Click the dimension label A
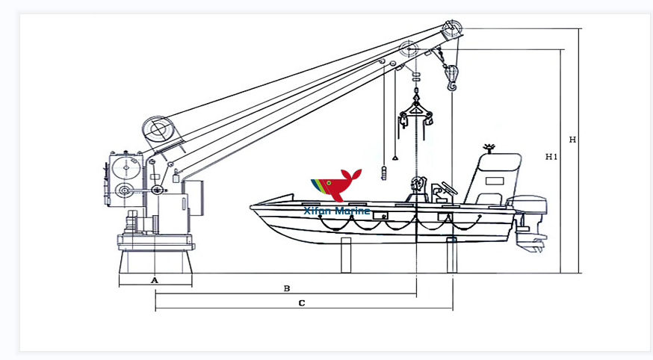coord(155,280)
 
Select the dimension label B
coord(286,288)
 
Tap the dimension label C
coord(301,303)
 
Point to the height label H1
coord(552,157)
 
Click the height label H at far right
coord(572,140)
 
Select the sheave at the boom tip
coord(451,31)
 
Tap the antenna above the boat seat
coord(490,147)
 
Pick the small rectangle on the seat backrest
coord(494,181)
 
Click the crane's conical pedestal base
coord(155,261)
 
